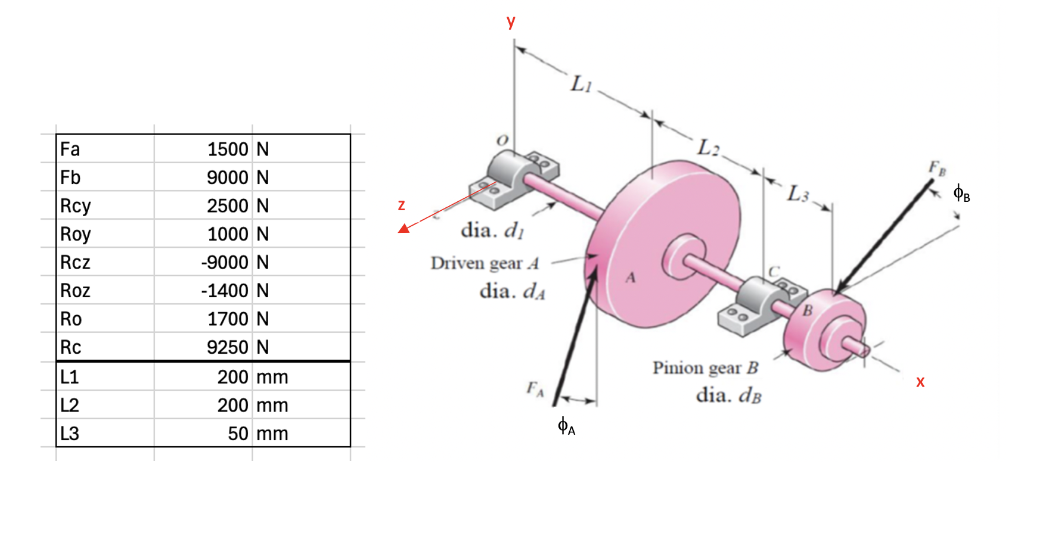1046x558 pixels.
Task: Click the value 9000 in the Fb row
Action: [227, 177]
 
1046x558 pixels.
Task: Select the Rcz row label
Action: [76, 262]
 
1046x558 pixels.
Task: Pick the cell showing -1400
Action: [225, 291]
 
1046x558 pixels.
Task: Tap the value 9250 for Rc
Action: [227, 347]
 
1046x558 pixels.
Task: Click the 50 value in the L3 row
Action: [238, 434]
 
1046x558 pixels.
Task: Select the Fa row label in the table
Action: [70, 149]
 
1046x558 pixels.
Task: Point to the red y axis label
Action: [511, 21]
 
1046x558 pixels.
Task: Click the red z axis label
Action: [401, 205]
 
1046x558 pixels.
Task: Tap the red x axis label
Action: [920, 382]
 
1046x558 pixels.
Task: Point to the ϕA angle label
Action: [566, 426]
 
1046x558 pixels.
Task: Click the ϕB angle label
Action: [961, 193]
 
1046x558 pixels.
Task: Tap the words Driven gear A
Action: [485, 263]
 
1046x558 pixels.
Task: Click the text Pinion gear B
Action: [705, 368]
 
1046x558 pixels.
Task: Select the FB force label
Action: [937, 169]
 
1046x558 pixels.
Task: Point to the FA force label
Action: [535, 389]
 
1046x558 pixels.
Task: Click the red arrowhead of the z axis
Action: [404, 228]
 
